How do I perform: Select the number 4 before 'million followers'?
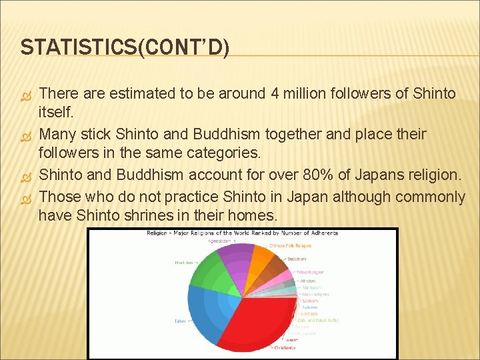[x=275, y=94]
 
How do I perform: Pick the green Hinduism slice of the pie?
[x=213, y=273]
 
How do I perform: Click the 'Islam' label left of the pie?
[x=180, y=321]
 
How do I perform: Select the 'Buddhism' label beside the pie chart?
[x=297, y=259]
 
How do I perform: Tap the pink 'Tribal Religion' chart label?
[x=310, y=272]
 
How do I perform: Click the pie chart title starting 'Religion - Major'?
[x=243, y=233]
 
